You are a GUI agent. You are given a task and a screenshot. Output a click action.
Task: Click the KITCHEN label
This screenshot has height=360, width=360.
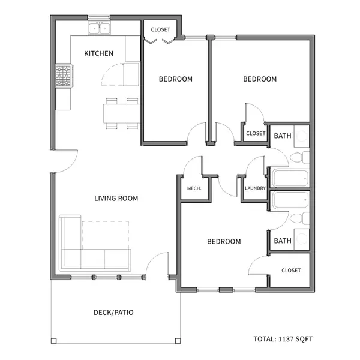click(x=98, y=53)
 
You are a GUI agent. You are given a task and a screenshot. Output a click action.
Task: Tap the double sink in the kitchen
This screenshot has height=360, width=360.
click(x=100, y=28)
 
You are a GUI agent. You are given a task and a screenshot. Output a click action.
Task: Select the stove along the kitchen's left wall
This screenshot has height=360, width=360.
click(x=64, y=76)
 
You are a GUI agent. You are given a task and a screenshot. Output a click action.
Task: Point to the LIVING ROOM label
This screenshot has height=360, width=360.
click(x=116, y=198)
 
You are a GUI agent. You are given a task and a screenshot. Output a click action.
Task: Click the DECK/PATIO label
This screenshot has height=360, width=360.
click(x=113, y=313)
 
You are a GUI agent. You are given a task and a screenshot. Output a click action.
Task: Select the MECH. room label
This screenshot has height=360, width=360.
click(x=194, y=188)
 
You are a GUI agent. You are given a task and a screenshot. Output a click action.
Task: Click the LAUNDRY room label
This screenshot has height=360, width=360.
click(x=255, y=188)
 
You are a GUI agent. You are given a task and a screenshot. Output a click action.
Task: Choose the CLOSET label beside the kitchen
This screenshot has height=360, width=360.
click(x=160, y=29)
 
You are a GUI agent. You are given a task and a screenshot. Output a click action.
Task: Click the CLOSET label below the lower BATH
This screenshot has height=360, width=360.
click(x=291, y=270)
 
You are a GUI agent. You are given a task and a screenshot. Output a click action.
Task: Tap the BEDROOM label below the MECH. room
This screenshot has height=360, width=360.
click(x=224, y=241)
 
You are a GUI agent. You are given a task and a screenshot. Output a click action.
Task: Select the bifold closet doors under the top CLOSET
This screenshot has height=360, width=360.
click(x=160, y=41)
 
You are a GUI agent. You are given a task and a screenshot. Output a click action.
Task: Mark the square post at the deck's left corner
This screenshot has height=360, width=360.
click(x=53, y=341)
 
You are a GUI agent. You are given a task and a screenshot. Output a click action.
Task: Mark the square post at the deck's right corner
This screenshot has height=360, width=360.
click(x=178, y=341)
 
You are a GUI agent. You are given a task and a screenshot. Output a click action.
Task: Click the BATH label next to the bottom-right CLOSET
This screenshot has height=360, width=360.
click(x=283, y=241)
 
